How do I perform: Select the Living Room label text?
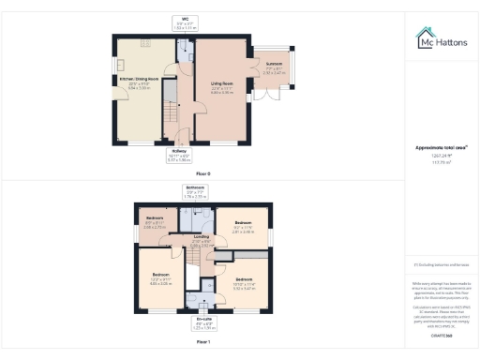coord(221,87)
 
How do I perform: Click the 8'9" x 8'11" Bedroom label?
coord(154,223)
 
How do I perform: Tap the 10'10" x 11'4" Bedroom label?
coord(245,283)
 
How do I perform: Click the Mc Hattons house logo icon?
coord(424,38)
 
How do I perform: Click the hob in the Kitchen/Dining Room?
coord(147,43)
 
